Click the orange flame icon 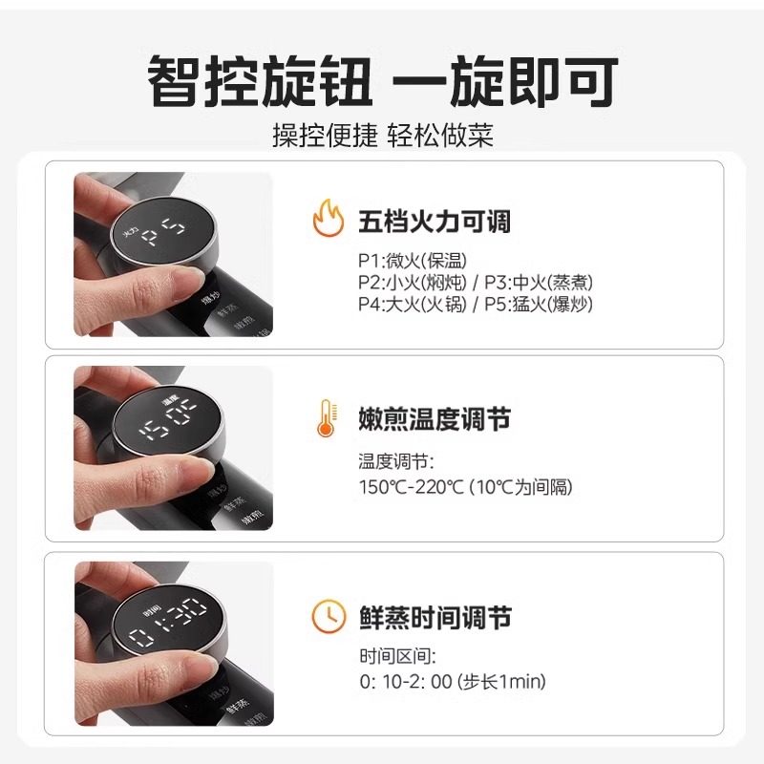pos(328,221)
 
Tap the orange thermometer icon pos(326,418)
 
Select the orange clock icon pos(328,617)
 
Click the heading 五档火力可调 pos(435,223)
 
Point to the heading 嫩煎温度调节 pos(435,419)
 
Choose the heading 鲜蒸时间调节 pos(435,618)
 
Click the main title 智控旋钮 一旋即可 pos(382,81)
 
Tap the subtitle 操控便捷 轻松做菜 pos(382,135)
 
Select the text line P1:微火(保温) pos(413,261)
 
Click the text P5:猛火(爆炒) pos(539,305)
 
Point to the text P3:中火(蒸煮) pos(539,283)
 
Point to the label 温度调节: pos(396,462)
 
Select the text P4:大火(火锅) pos(413,305)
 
